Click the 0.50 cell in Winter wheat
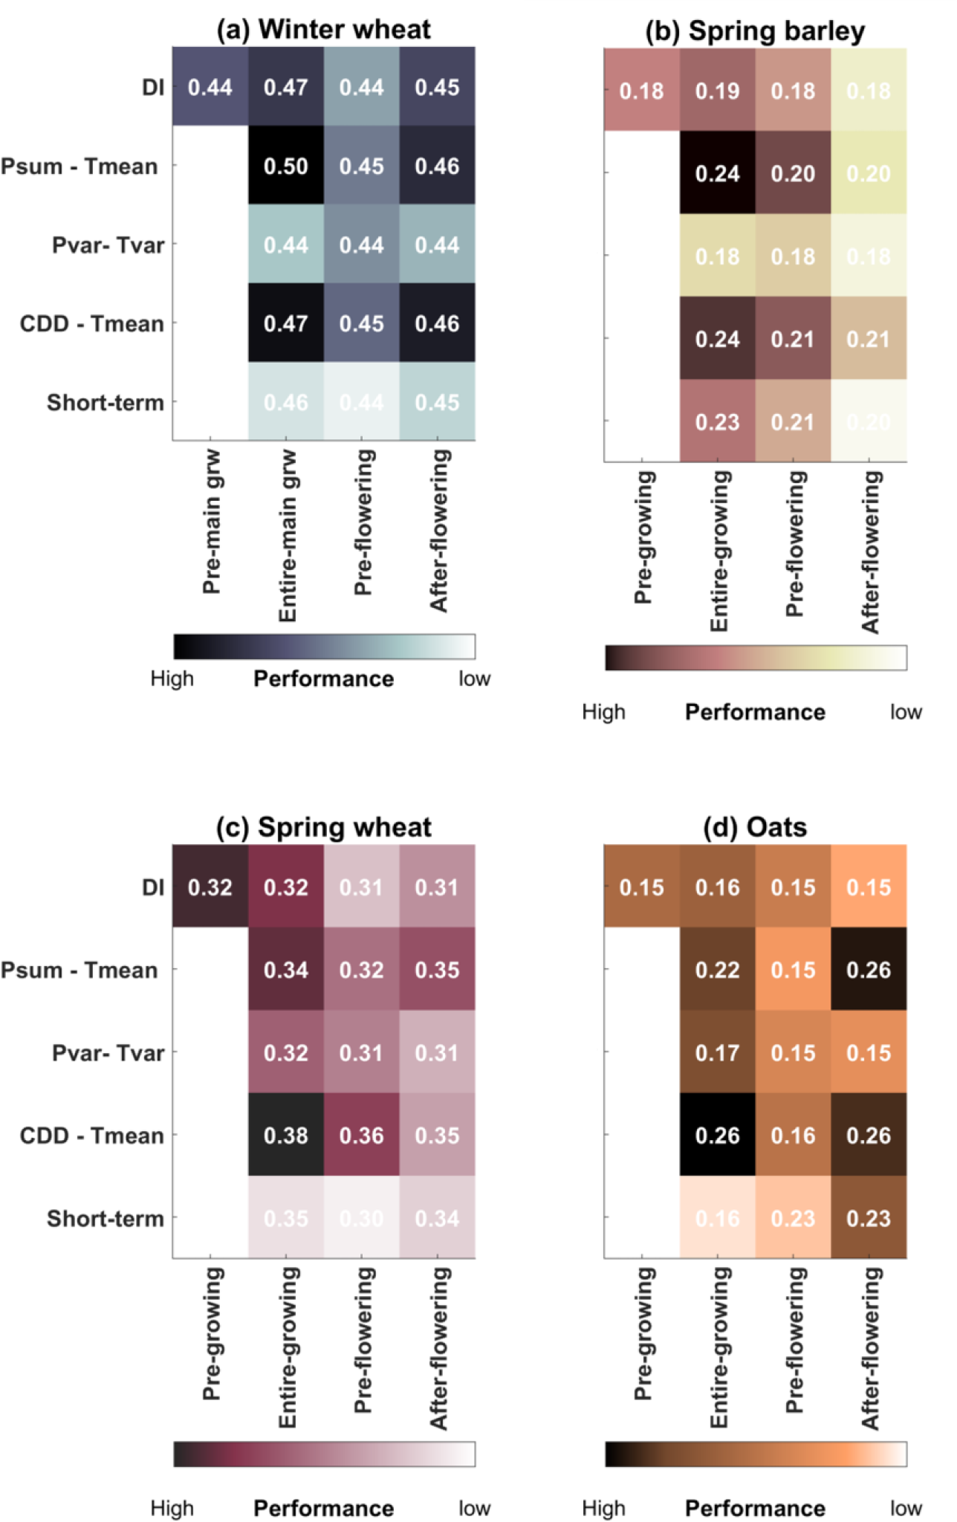[x=286, y=166]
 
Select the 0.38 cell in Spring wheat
[x=286, y=1135]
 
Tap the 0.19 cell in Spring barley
[x=717, y=91]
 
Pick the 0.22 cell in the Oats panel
[x=717, y=970]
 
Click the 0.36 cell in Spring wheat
[x=362, y=1135]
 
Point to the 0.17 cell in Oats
[x=717, y=1052]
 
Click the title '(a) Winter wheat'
[x=323, y=30]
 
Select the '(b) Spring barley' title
[x=755, y=31]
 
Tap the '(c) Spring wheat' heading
[x=323, y=826]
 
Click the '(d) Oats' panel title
[x=755, y=826]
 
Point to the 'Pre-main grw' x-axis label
[x=212, y=521]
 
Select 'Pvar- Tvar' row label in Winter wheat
[x=108, y=245]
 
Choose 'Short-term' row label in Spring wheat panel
[x=105, y=1218]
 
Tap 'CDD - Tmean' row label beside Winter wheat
[x=91, y=323]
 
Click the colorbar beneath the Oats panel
[x=755, y=1454]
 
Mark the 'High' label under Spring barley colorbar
[x=603, y=712]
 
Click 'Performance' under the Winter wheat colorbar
[x=323, y=679]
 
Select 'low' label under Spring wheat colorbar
[x=474, y=1508]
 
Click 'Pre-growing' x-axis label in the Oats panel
[x=643, y=1333]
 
